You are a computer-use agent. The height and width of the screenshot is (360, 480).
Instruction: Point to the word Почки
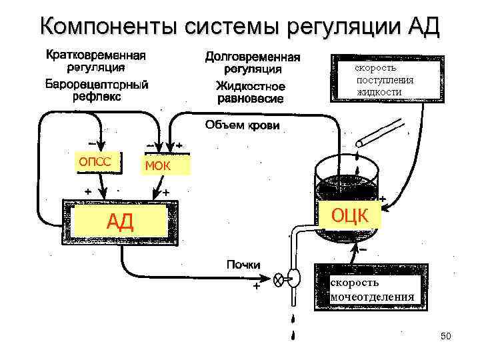coord(243,265)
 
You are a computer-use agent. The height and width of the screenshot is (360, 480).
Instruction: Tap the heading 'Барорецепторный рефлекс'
coord(97,91)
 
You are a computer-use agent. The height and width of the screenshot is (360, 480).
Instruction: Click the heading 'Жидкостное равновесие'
coord(250,93)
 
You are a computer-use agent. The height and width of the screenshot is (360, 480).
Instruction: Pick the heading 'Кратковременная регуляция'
coord(97,60)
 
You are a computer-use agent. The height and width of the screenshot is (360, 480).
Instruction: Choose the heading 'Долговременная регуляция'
coord(252,63)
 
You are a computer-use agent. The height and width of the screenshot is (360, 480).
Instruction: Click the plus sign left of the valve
coord(255,289)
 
